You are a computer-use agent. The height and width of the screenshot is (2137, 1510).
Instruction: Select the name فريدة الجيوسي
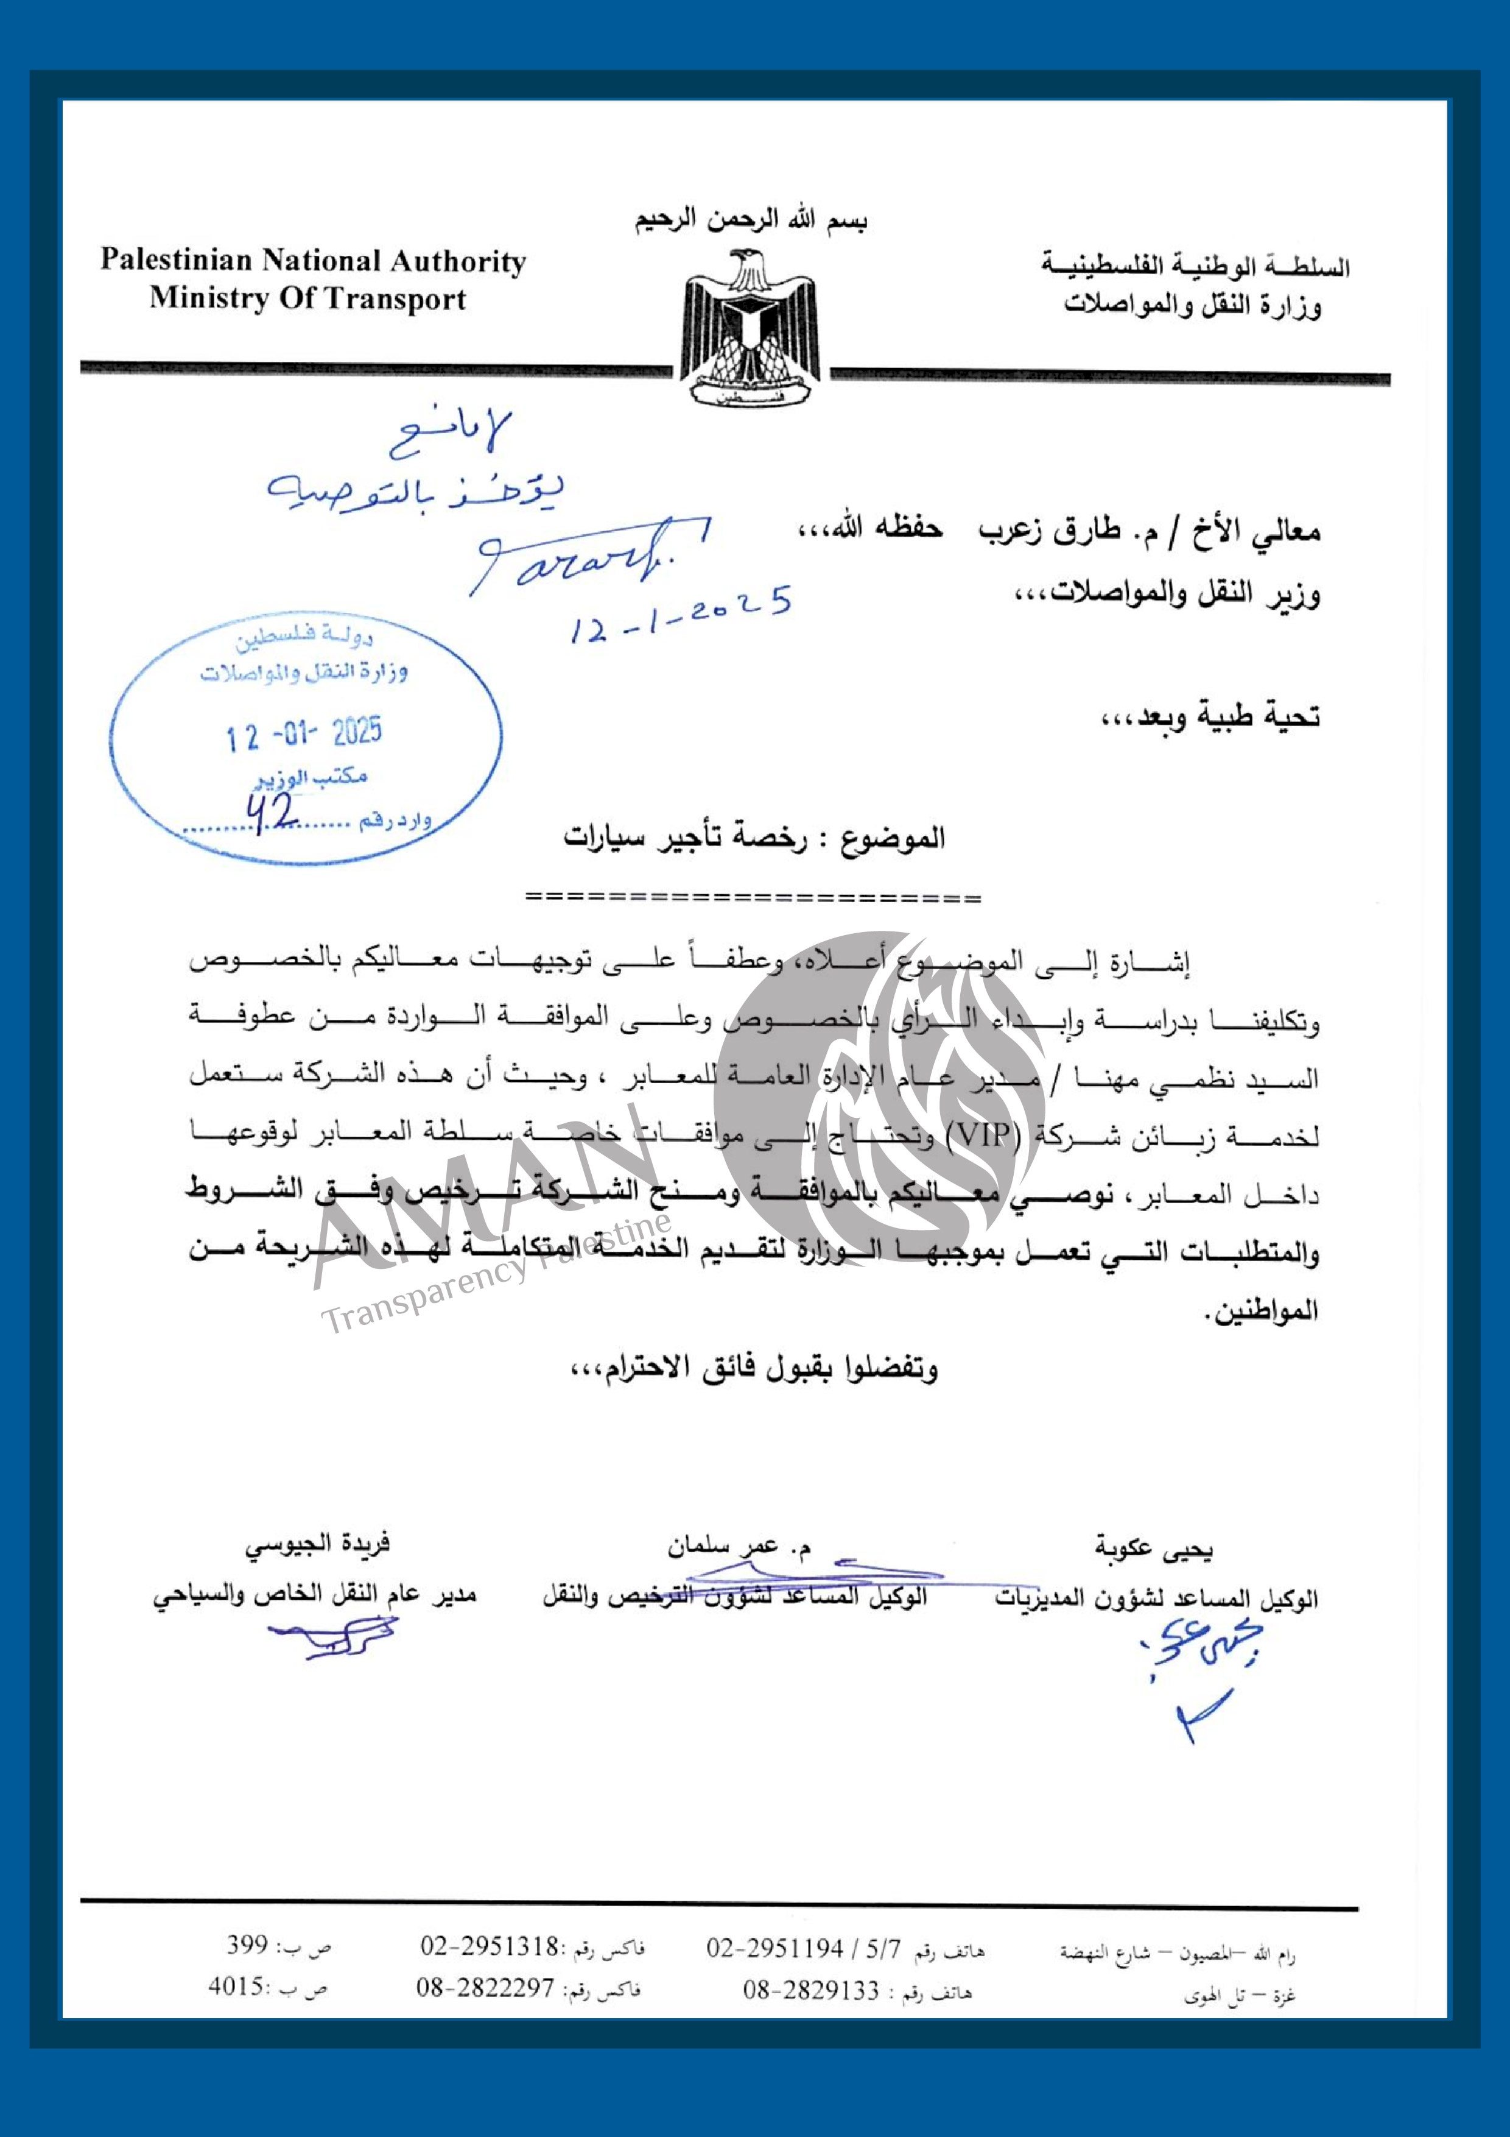[317, 1544]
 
